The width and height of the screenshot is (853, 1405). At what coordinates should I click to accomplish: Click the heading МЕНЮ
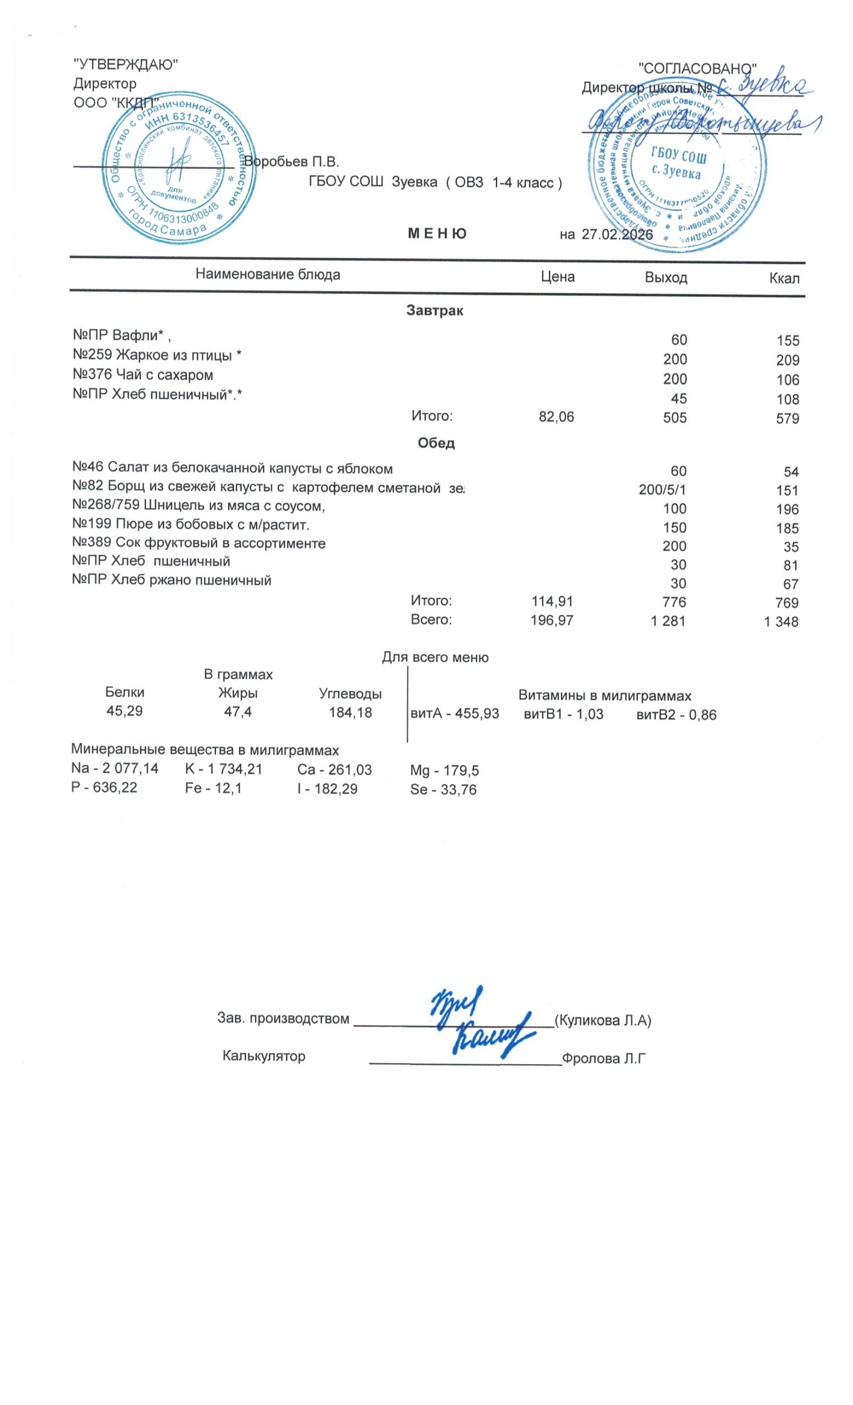coord(437,234)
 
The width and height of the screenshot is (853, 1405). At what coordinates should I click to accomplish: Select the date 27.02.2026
coord(616,234)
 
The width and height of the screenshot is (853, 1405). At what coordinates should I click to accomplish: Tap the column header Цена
coord(557,277)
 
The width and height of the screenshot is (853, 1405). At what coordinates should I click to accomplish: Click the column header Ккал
coord(784,278)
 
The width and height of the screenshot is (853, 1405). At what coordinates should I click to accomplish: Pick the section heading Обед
coord(436,443)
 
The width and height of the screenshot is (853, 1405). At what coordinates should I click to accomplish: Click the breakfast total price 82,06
coord(557,418)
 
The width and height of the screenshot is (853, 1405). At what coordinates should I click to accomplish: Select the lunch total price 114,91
coord(552,601)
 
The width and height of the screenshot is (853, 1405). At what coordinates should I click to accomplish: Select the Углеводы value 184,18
coord(350,713)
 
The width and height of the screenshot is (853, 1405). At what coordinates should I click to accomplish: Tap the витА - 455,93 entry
coord(454,714)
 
